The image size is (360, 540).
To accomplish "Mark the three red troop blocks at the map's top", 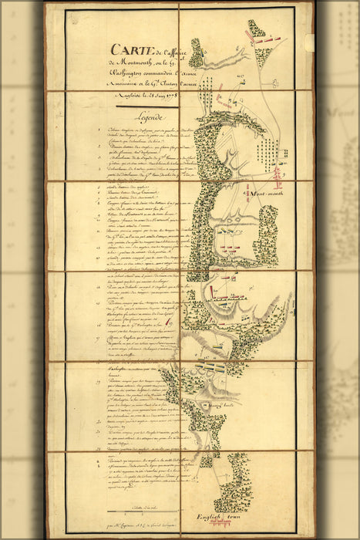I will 257,33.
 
